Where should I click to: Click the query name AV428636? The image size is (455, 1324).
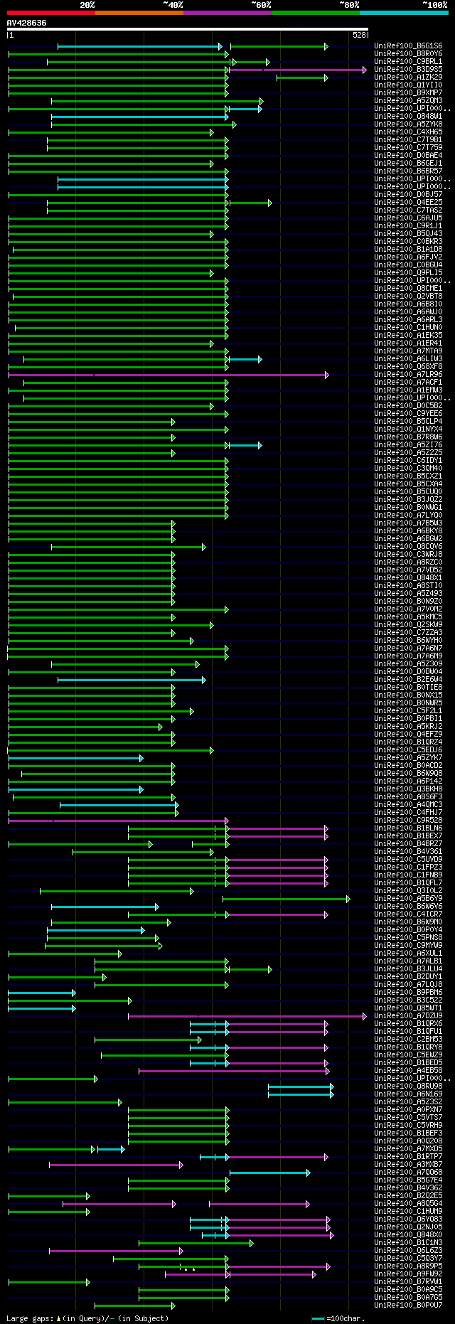(x=27, y=23)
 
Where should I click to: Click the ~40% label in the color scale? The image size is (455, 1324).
(x=173, y=5)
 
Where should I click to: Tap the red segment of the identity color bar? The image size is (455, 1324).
(x=50, y=13)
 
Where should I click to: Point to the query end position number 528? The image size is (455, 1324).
(x=358, y=35)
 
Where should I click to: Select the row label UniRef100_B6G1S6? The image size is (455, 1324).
(x=408, y=46)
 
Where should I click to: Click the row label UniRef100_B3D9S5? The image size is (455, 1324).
(x=408, y=70)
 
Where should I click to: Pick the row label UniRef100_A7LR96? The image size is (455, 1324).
(x=408, y=375)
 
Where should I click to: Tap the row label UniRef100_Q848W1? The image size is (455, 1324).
(x=408, y=117)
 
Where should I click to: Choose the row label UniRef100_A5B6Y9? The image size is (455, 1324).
(x=408, y=899)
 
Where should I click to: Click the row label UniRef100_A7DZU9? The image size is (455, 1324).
(x=408, y=1016)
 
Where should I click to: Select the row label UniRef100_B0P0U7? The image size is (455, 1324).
(x=408, y=1306)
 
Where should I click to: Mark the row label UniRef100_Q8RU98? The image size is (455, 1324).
(x=408, y=1087)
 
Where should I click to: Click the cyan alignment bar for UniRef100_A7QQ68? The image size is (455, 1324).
(x=269, y=1173)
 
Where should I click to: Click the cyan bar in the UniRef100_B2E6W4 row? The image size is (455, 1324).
(x=132, y=680)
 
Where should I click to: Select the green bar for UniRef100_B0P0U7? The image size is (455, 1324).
(x=134, y=1306)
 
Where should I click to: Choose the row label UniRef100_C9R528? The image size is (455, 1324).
(x=408, y=821)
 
